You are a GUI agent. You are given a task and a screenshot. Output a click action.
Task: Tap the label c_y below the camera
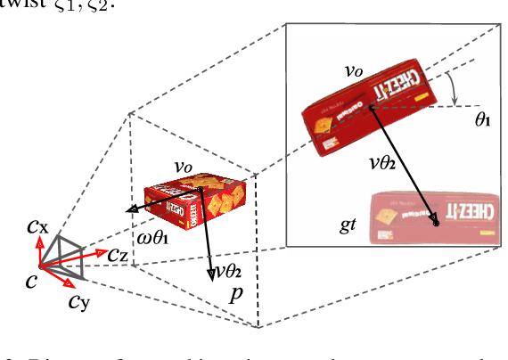(x=78, y=300)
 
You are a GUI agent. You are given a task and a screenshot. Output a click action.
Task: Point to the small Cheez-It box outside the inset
(x=195, y=201)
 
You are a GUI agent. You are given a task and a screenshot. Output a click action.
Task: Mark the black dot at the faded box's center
(x=437, y=223)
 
